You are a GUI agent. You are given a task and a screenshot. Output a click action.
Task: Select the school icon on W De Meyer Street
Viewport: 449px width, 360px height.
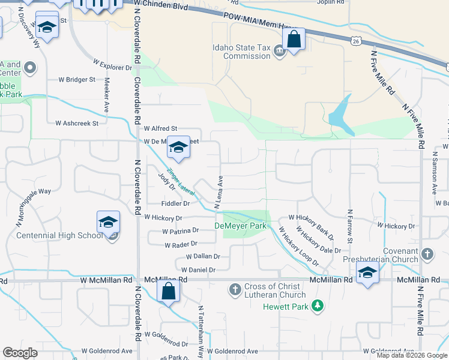click(178, 147)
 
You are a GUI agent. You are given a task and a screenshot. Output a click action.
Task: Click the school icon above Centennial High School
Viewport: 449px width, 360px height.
click(108, 222)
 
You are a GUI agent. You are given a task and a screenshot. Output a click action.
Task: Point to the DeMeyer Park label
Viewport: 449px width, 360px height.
click(240, 226)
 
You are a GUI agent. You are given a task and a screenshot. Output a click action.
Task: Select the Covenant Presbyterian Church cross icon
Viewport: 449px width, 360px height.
click(427, 254)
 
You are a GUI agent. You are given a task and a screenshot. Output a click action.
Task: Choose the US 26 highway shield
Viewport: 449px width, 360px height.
click(357, 41)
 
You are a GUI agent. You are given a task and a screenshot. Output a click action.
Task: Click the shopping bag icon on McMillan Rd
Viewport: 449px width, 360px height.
click(169, 292)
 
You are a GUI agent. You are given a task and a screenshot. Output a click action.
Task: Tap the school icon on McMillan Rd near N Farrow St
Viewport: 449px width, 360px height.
click(367, 274)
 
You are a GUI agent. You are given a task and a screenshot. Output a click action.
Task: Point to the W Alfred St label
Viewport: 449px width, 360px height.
click(161, 128)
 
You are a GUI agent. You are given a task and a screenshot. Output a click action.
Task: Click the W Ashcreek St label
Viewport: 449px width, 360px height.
click(76, 123)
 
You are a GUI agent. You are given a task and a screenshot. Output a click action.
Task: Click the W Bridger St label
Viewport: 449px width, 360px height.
click(76, 79)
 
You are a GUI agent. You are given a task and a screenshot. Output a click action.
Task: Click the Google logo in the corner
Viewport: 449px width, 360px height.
click(20, 352)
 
